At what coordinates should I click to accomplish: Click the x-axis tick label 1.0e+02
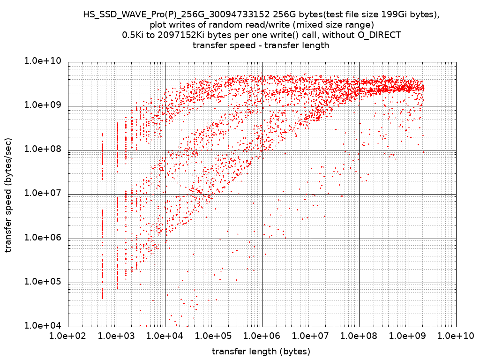(68, 337)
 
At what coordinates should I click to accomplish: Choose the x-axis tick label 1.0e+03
(117, 337)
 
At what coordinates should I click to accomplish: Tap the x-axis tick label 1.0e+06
(262, 337)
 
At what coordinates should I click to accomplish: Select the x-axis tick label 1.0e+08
(359, 337)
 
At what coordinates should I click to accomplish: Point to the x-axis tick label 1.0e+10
(456, 337)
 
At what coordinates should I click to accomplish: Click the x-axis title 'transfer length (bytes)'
(261, 352)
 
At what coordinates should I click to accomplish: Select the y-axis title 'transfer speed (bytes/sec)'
(9, 195)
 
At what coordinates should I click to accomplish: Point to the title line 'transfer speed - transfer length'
(261, 45)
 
